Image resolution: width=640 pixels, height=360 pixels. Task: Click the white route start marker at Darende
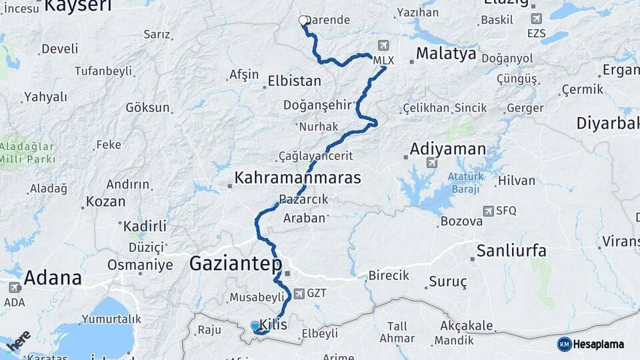(303, 21)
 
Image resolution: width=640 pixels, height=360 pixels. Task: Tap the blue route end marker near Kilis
(255, 326)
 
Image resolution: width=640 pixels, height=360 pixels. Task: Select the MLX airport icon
(383, 46)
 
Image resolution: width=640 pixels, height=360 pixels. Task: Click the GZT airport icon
(298, 293)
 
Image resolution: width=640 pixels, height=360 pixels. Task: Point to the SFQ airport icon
(489, 211)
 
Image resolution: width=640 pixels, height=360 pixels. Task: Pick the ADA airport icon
(14, 287)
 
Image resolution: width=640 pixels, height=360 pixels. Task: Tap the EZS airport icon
(536, 18)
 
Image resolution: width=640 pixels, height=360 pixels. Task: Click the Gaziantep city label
(235, 263)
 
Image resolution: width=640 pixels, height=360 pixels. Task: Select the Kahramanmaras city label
(297, 178)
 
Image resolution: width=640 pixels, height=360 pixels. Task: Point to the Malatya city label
(446, 54)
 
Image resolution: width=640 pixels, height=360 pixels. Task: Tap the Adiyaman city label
(448, 148)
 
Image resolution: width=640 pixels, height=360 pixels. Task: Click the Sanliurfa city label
(511, 251)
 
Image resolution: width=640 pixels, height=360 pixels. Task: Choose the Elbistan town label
(294, 81)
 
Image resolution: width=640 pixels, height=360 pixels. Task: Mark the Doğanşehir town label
(317, 105)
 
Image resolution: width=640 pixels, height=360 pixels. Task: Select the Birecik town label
(389, 276)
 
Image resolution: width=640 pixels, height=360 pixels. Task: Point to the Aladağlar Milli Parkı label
(27, 151)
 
